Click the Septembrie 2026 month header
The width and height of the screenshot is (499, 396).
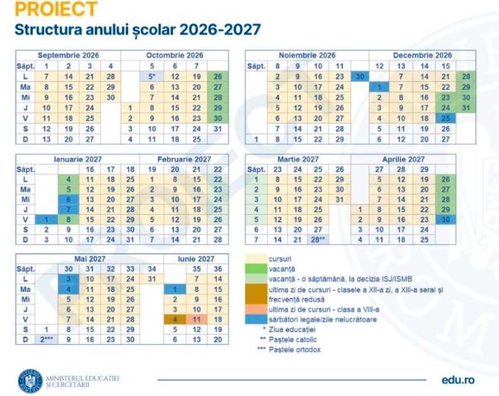click(x=68, y=56)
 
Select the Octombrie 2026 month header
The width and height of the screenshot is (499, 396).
click(x=174, y=56)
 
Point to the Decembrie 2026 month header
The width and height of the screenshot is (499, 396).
click(x=422, y=56)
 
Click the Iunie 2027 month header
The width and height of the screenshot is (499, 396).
click(x=195, y=259)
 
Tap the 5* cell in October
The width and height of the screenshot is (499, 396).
click(x=153, y=77)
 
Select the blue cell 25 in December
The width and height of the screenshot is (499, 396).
click(x=445, y=118)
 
